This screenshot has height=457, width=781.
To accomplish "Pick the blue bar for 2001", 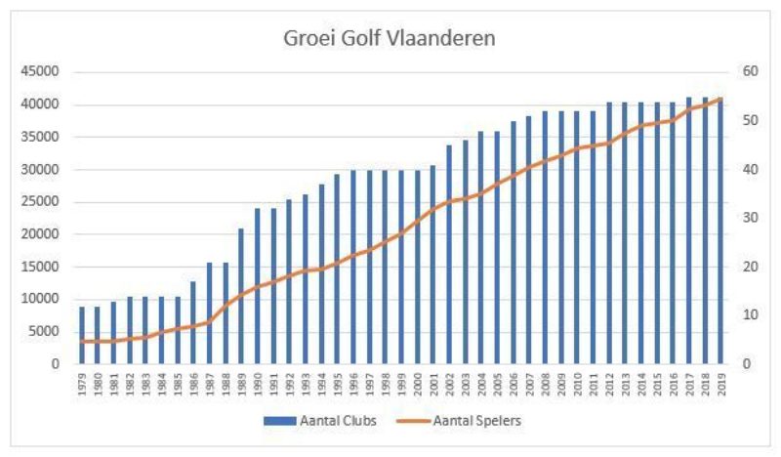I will [x=432, y=265].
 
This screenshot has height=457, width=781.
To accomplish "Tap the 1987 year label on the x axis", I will [x=210, y=382].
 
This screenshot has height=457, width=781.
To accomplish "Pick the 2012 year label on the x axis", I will [x=609, y=382].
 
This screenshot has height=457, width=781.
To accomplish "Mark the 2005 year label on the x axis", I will [x=497, y=382].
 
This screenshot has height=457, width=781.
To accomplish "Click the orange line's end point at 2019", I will [x=720, y=99].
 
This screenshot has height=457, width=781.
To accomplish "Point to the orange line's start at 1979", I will [x=82, y=341].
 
